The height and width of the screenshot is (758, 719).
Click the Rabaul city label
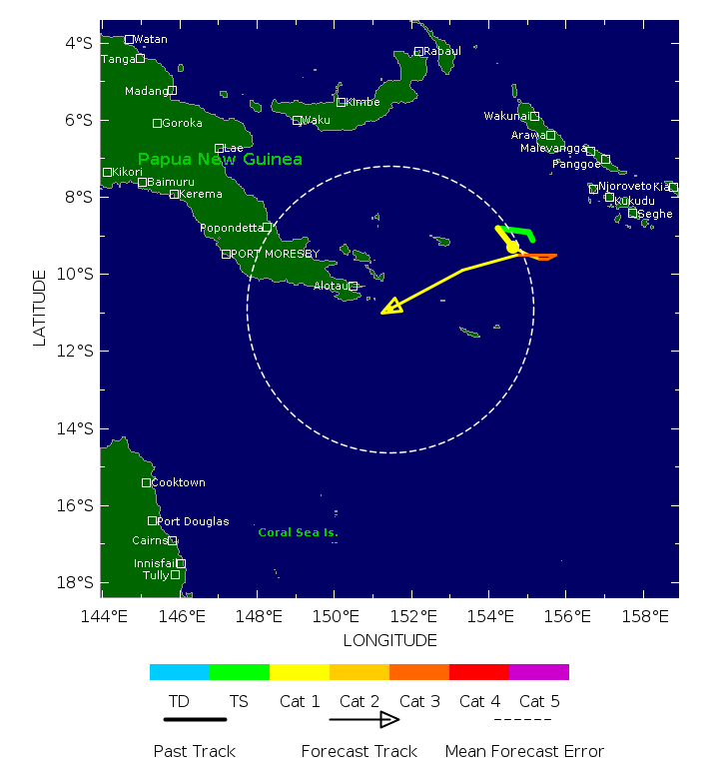(442, 51)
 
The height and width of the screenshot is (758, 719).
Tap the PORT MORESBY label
(276, 254)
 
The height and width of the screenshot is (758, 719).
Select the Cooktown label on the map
(179, 482)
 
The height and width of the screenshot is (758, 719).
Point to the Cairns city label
(150, 540)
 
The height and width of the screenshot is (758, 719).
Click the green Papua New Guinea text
(220, 160)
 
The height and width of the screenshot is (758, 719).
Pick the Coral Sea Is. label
(298, 532)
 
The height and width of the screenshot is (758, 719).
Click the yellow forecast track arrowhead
(391, 306)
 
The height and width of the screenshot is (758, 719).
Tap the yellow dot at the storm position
(512, 247)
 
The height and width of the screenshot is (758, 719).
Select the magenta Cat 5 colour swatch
(539, 672)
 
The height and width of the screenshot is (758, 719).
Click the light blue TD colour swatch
(180, 672)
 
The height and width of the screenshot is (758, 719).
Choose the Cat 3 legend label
(419, 702)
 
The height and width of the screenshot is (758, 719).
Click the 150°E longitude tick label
(333, 617)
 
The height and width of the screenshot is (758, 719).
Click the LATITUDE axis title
(40, 308)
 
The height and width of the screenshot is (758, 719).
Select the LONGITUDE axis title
(389, 640)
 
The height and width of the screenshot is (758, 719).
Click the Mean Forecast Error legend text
(524, 751)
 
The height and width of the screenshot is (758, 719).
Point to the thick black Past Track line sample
(195, 719)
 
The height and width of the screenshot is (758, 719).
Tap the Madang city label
(146, 91)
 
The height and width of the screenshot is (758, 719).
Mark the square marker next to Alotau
(354, 287)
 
